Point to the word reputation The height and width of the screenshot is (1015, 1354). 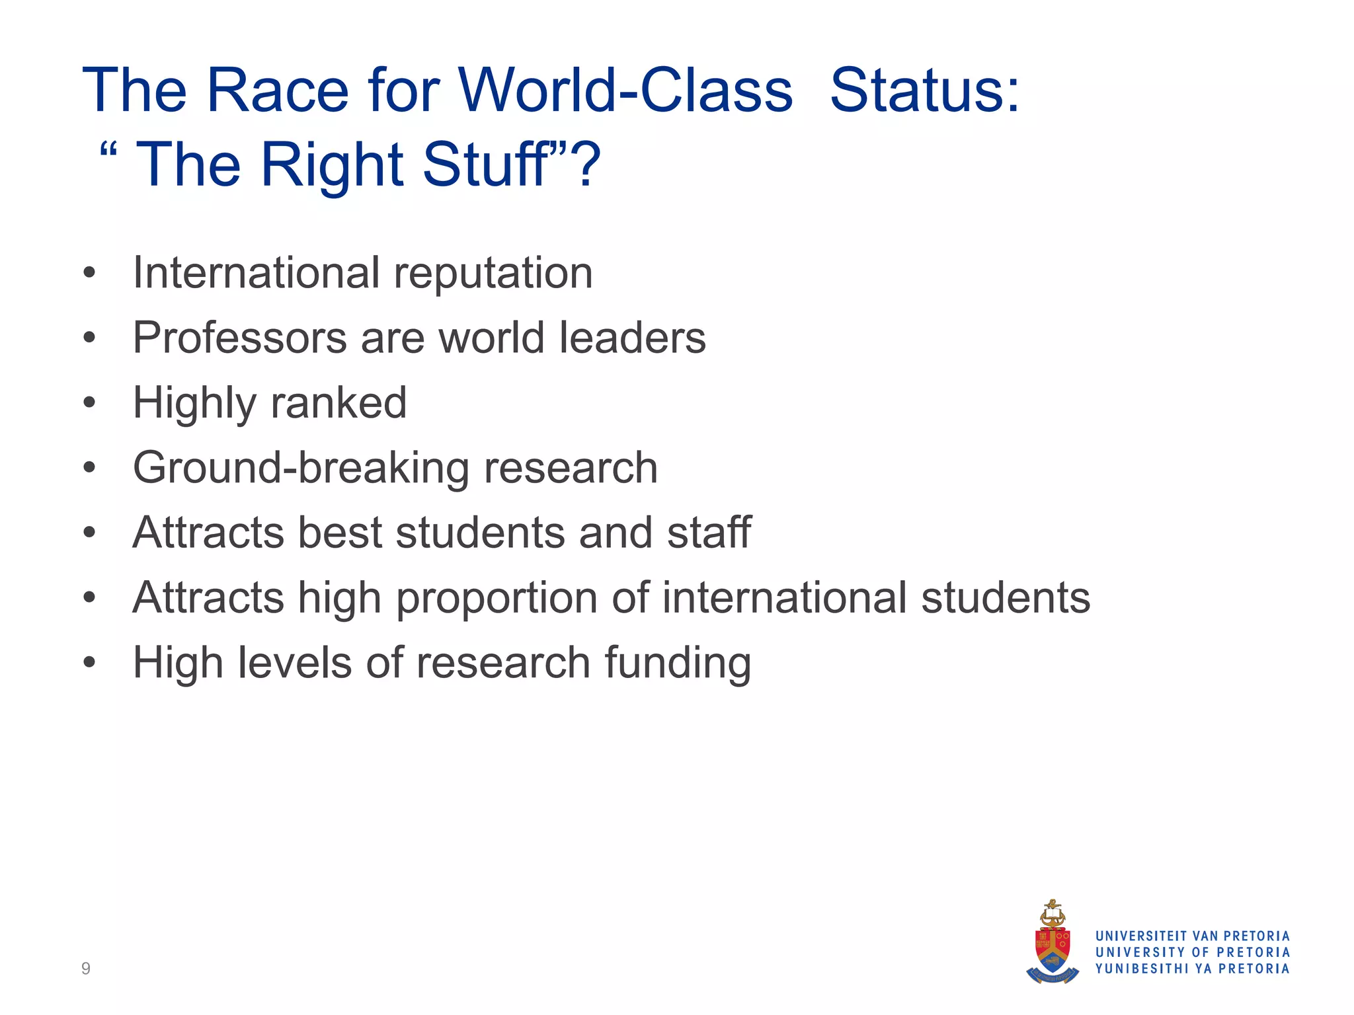[x=493, y=274]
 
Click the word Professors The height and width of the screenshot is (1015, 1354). [x=239, y=338]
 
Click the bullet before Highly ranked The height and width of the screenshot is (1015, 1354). [x=90, y=402]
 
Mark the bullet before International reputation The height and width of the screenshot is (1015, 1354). [x=90, y=273]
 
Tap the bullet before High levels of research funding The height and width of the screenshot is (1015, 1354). [x=90, y=662]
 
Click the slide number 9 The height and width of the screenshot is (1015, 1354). [x=86, y=969]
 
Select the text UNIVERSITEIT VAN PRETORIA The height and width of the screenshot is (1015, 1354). [x=1193, y=936]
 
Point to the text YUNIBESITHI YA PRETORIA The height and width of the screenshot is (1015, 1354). [x=1193, y=969]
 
